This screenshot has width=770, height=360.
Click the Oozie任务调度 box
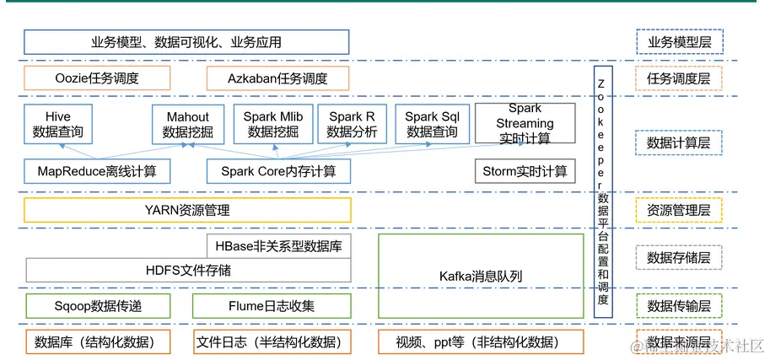97,78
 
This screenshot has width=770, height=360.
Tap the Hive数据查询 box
58,124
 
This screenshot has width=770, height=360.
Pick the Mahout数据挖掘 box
188,124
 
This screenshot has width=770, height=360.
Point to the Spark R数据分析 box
352,124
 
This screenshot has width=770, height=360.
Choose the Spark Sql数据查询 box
433,124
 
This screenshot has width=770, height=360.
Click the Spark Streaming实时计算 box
525,123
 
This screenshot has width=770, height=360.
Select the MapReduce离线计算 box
97,171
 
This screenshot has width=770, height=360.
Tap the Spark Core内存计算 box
278,171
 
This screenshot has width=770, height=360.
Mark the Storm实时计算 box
525,171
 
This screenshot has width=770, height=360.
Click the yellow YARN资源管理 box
187,210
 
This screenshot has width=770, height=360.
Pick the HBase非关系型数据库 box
278,245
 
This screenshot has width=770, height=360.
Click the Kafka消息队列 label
481,276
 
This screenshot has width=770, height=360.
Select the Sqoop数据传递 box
97,305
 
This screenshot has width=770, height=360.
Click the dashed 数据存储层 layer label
679,257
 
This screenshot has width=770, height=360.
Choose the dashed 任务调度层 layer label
679,78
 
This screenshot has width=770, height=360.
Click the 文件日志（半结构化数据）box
272,342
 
